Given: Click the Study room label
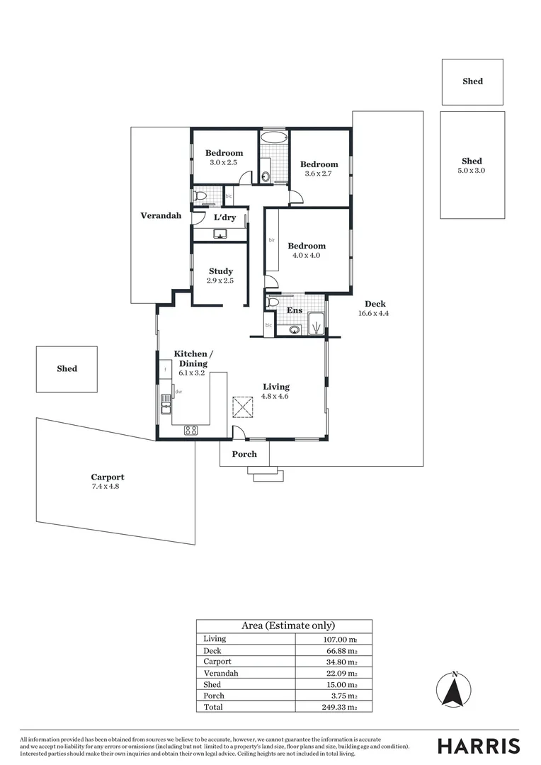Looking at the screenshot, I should pos(220,271).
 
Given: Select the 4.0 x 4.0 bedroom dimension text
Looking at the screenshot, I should pos(306,256).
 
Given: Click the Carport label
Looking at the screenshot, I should pos(107,477).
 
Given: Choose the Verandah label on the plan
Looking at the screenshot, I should pos(160,215).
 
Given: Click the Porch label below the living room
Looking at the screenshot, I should pos(244,454).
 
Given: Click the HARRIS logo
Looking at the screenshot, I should pos(479,746).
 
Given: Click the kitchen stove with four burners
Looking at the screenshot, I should pos(191,429).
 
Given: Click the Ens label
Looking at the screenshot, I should pos(294,310).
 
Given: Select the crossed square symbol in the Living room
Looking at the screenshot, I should pos(243,407).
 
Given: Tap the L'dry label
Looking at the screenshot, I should pos(224,217).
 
